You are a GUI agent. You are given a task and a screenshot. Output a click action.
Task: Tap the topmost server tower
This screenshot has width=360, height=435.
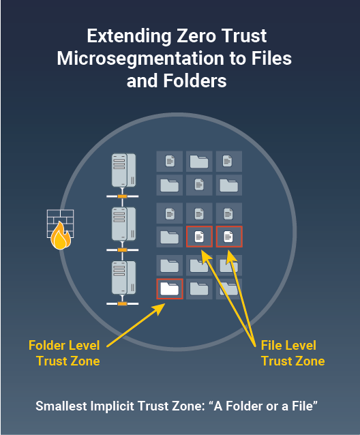click(x=123, y=170)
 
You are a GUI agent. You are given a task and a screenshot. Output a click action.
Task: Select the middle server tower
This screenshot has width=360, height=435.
click(x=123, y=224)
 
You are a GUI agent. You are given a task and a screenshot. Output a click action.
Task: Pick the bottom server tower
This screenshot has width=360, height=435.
click(x=123, y=278)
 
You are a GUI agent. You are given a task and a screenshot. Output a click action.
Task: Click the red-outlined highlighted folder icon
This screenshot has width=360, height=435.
click(x=170, y=289)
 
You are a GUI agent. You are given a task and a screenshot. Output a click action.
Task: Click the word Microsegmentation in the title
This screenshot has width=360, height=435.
click(x=140, y=59)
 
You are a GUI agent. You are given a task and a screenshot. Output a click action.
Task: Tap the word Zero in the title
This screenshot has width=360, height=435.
click(x=196, y=36)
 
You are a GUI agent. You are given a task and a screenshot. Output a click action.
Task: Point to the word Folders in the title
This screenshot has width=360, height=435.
click(x=195, y=80)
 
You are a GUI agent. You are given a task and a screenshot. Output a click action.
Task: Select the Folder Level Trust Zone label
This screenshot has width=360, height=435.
click(x=64, y=353)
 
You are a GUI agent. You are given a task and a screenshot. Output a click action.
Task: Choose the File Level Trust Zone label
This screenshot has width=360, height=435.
click(x=293, y=353)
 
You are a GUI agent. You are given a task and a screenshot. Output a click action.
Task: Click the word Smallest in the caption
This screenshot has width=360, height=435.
click(x=61, y=406)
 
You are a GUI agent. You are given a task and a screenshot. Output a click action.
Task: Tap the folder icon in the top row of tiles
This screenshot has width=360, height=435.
click(x=199, y=162)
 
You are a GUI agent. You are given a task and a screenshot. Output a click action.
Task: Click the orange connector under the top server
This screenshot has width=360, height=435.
click(x=122, y=196)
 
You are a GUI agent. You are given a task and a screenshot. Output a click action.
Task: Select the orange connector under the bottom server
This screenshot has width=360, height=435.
click(x=122, y=304)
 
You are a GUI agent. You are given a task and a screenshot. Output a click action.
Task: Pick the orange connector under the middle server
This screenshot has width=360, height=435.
click(x=122, y=250)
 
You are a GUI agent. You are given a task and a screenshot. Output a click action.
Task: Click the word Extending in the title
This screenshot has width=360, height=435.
click(x=130, y=37)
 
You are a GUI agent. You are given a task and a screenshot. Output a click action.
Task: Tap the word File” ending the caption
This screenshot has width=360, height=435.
click(x=305, y=406)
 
